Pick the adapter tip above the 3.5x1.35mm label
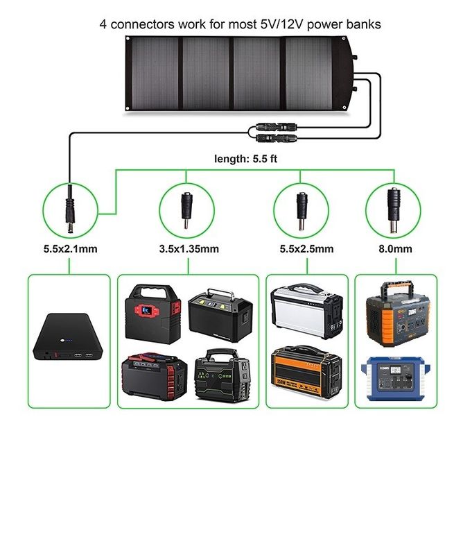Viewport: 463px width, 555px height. point(185,207)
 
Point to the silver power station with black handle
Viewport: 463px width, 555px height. point(305,311)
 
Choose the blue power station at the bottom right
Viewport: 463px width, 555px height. point(394,378)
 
